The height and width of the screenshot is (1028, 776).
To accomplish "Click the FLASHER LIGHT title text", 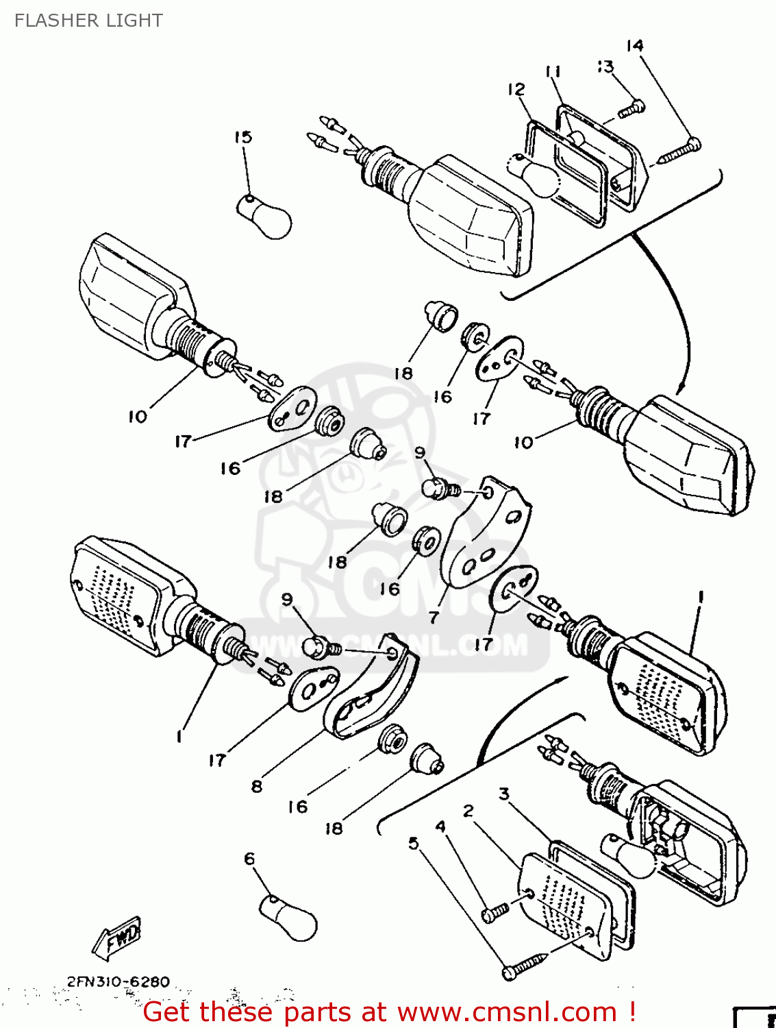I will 88,21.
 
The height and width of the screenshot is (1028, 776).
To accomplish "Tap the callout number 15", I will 243,137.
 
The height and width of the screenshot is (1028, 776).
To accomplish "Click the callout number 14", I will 635,46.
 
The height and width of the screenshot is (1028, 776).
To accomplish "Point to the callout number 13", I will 605,66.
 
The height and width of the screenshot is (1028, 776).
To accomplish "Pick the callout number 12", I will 516,89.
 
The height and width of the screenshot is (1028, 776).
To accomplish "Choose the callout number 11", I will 553,71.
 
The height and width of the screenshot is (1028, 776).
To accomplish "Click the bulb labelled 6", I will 290,918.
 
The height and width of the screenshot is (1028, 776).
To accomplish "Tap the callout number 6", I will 249,859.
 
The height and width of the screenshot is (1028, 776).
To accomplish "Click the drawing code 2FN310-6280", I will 118,982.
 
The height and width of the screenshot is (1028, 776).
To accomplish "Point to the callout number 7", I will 433,617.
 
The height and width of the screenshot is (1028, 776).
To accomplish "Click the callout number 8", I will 257,786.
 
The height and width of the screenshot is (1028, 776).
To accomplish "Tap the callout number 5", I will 413,843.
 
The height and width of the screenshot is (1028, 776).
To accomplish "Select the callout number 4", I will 440,827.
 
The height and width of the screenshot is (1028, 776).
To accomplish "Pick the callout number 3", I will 504,794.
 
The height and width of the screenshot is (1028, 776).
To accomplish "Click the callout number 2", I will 468,811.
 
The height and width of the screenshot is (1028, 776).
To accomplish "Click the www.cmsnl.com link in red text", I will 507,1012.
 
